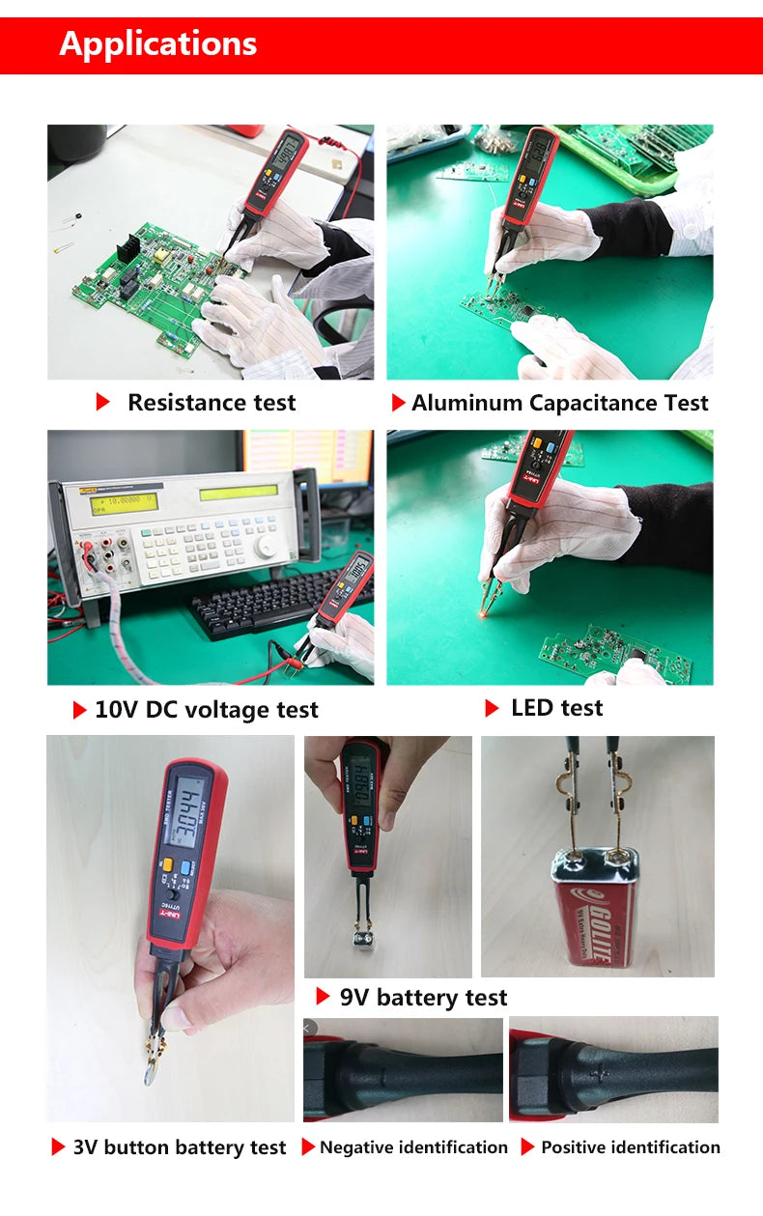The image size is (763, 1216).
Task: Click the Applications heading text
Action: click(x=158, y=43)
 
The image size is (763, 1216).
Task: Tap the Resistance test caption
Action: click(x=211, y=403)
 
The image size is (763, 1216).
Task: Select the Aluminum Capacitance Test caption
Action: click(x=559, y=403)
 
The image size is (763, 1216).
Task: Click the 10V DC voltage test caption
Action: click(x=206, y=710)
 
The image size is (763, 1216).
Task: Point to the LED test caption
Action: click(x=556, y=708)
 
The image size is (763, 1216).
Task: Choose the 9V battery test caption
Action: click(x=422, y=998)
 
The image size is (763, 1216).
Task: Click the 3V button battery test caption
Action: click(x=180, y=1147)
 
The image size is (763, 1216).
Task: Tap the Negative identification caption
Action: click(x=413, y=1147)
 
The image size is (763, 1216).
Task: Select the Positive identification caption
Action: click(x=630, y=1147)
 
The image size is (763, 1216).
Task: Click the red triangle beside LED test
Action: click(x=492, y=708)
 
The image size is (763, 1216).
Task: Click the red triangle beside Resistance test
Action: click(x=103, y=403)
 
